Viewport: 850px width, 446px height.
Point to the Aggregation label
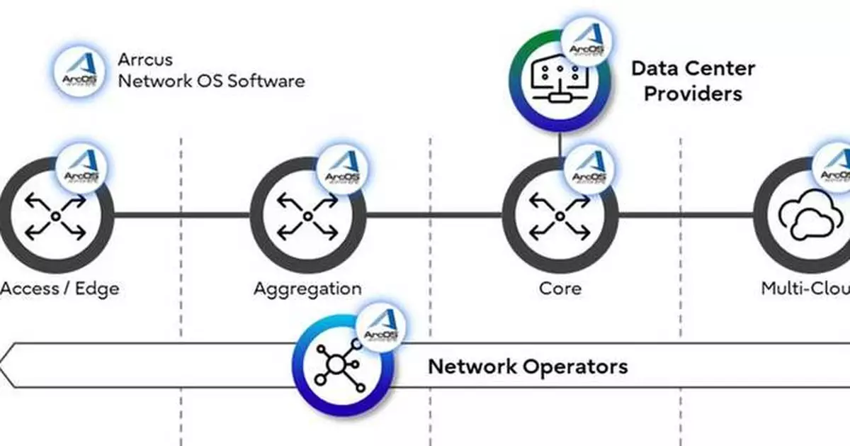click(307, 289)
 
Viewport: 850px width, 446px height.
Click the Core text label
click(560, 289)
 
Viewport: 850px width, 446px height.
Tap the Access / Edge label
click(59, 289)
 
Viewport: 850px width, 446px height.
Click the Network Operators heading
click(528, 367)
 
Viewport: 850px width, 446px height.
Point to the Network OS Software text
click(211, 81)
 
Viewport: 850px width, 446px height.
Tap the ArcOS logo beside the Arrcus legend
click(79, 68)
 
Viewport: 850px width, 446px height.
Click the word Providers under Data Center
click(693, 94)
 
